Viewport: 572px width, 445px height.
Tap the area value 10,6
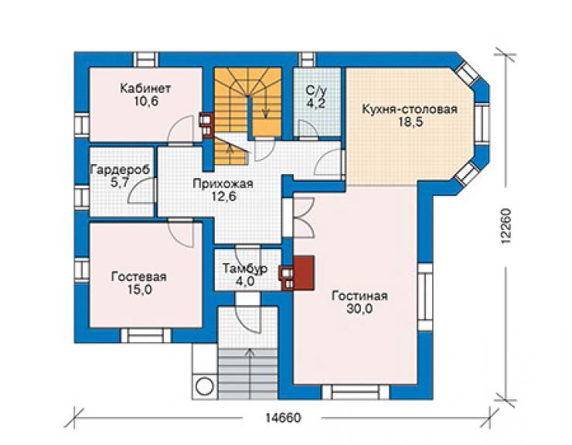(x=146, y=101)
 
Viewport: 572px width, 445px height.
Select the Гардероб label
(x=120, y=170)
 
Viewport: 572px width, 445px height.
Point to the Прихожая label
(x=223, y=183)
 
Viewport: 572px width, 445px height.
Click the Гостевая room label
(x=139, y=276)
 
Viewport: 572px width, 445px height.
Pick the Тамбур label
(x=245, y=269)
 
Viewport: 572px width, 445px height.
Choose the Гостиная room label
(x=359, y=296)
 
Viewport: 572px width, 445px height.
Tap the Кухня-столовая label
(x=410, y=109)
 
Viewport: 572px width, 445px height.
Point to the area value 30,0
(x=359, y=309)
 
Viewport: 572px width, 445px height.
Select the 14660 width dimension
(x=283, y=417)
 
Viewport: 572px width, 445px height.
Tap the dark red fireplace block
(x=304, y=273)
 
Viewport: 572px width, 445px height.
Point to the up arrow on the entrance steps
(x=250, y=373)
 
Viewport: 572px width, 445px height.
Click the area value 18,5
(x=410, y=122)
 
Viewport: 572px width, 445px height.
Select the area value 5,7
(x=120, y=182)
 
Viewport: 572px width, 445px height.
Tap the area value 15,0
(x=140, y=289)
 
